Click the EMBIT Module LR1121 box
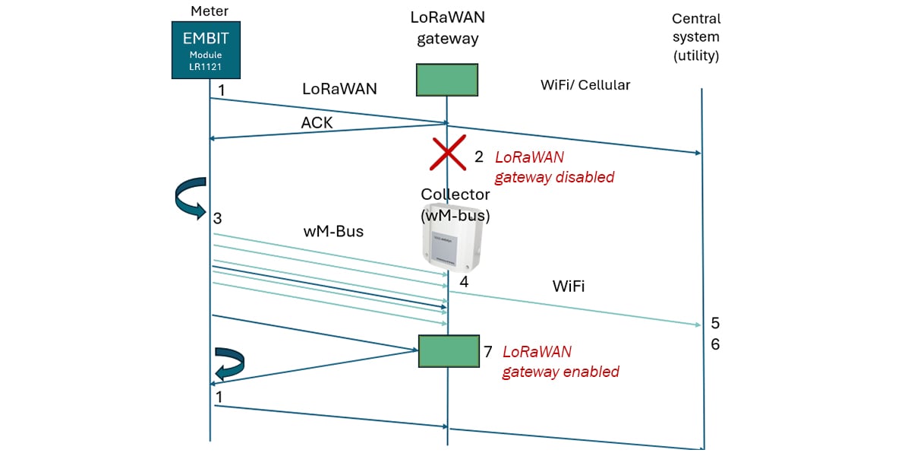pos(206,50)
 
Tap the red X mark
pos(448,153)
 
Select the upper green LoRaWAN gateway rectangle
pos(447,80)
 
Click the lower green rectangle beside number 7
pos(449,351)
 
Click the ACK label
pos(317,122)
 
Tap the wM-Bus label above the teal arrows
pos(333,232)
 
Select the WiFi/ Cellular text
pos(585,85)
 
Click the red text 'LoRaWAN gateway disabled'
pos(554,167)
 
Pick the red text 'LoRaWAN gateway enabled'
pos(560,362)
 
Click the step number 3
pos(218,219)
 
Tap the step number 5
pos(715,323)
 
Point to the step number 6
pos(715,344)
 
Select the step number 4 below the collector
pos(463,282)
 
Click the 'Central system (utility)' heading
pos(695,36)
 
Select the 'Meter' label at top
pos(210,11)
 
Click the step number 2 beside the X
pos(478,157)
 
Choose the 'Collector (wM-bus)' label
pos(455,205)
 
